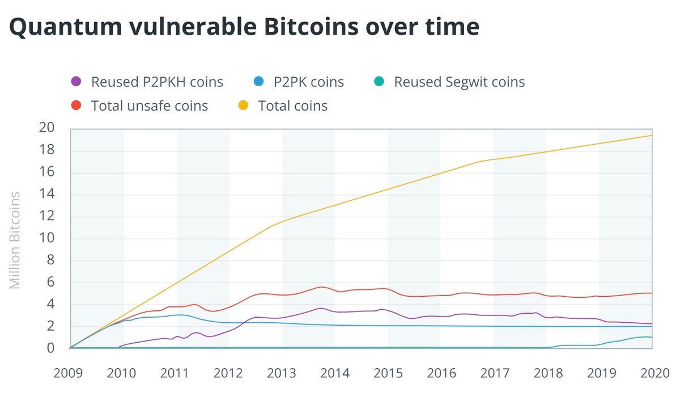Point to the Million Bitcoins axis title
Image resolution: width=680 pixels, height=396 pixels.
coord(15,240)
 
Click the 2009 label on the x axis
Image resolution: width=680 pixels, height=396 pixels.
coord(70,373)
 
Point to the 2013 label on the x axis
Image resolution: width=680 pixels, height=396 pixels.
coord(281,373)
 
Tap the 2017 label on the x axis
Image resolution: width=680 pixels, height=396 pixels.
coord(492,373)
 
